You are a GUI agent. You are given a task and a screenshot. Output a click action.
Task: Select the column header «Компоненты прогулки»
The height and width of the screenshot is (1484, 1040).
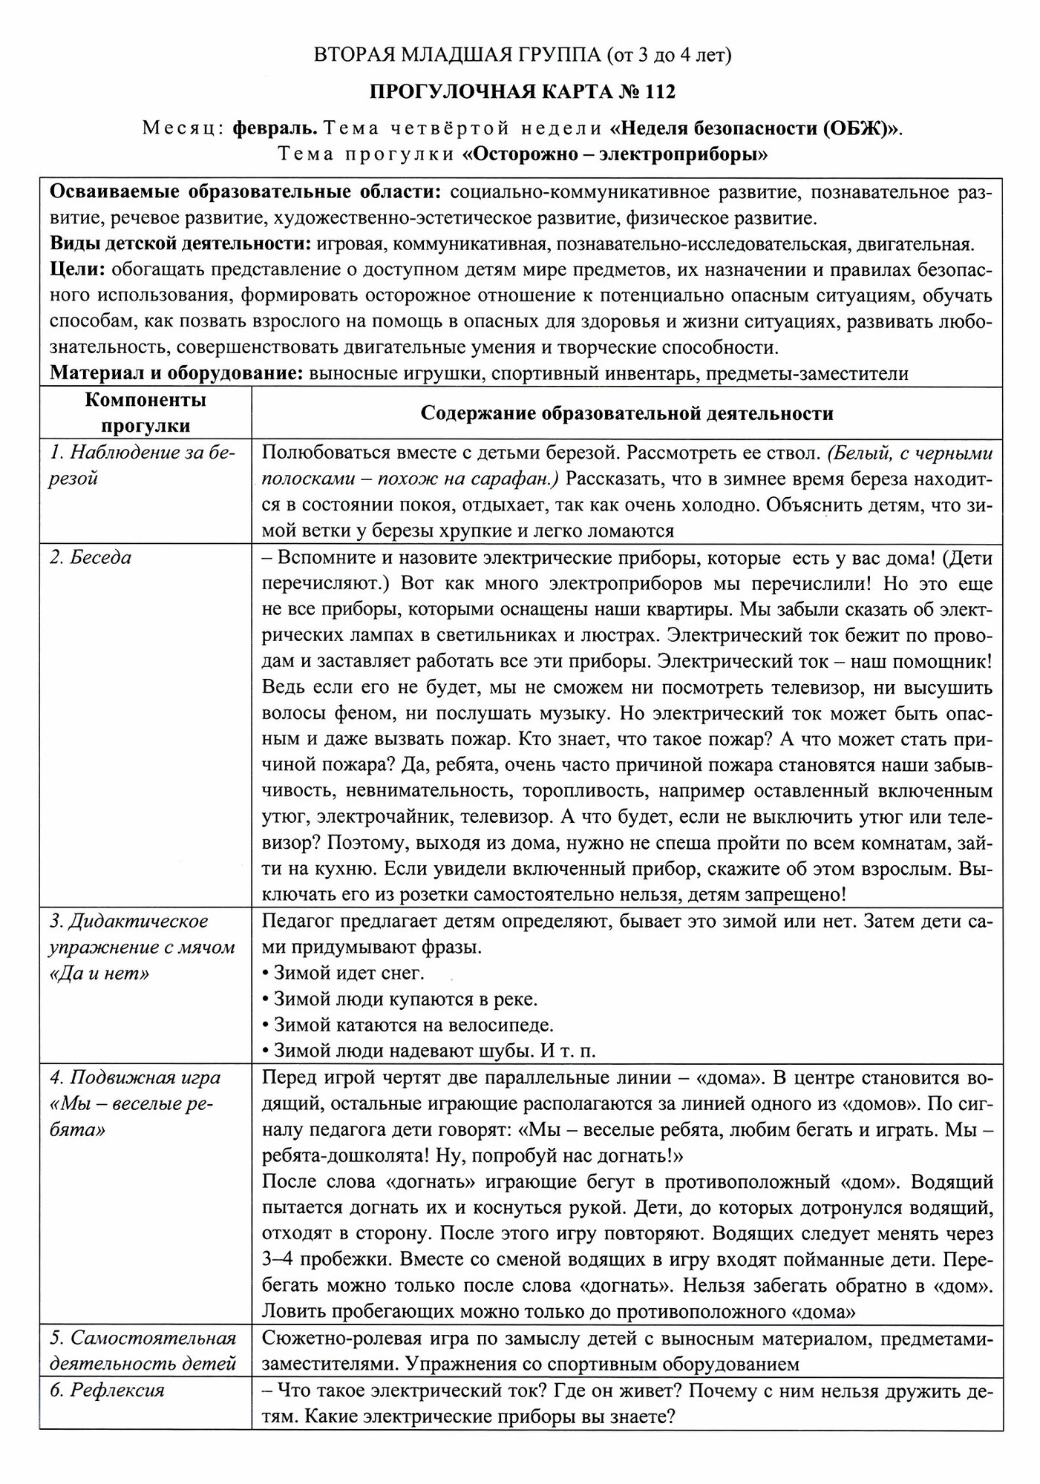[x=145, y=413]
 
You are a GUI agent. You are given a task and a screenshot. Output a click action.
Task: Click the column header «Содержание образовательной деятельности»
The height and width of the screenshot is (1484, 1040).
[x=627, y=413]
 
